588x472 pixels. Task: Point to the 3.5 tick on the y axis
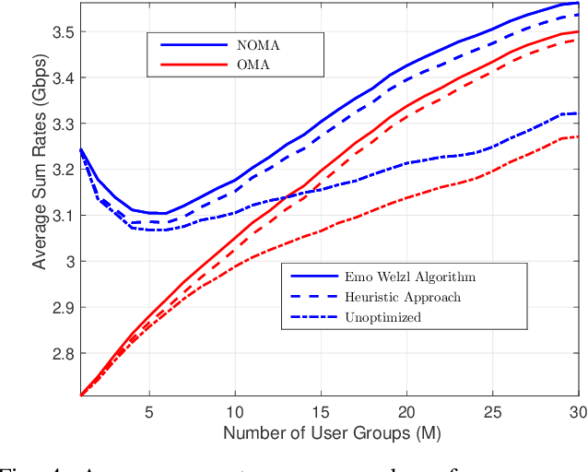(x=63, y=32)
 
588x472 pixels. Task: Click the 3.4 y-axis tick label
(x=63, y=78)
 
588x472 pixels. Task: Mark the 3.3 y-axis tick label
(x=63, y=124)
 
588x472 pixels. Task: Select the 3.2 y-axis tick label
(x=63, y=170)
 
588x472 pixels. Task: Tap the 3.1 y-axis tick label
(x=63, y=216)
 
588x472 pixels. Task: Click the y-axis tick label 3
(x=69, y=262)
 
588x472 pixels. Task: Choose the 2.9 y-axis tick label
(x=63, y=307)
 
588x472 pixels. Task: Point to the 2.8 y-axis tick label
(x=63, y=353)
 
